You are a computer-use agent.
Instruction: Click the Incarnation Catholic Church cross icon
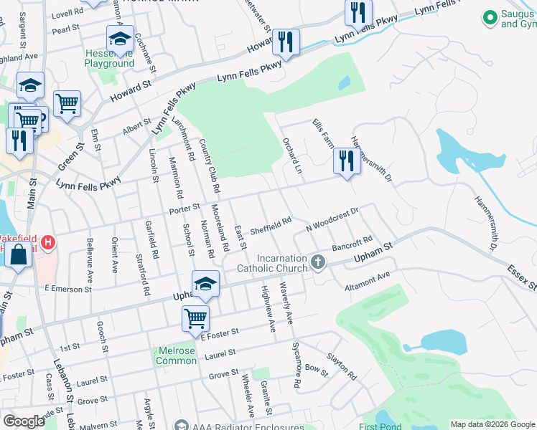[319, 263]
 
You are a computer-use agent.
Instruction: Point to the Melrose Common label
[176, 355]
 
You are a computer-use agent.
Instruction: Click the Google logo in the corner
[24, 421]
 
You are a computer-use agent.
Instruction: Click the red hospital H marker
[48, 243]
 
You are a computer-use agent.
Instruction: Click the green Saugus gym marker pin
[490, 16]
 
